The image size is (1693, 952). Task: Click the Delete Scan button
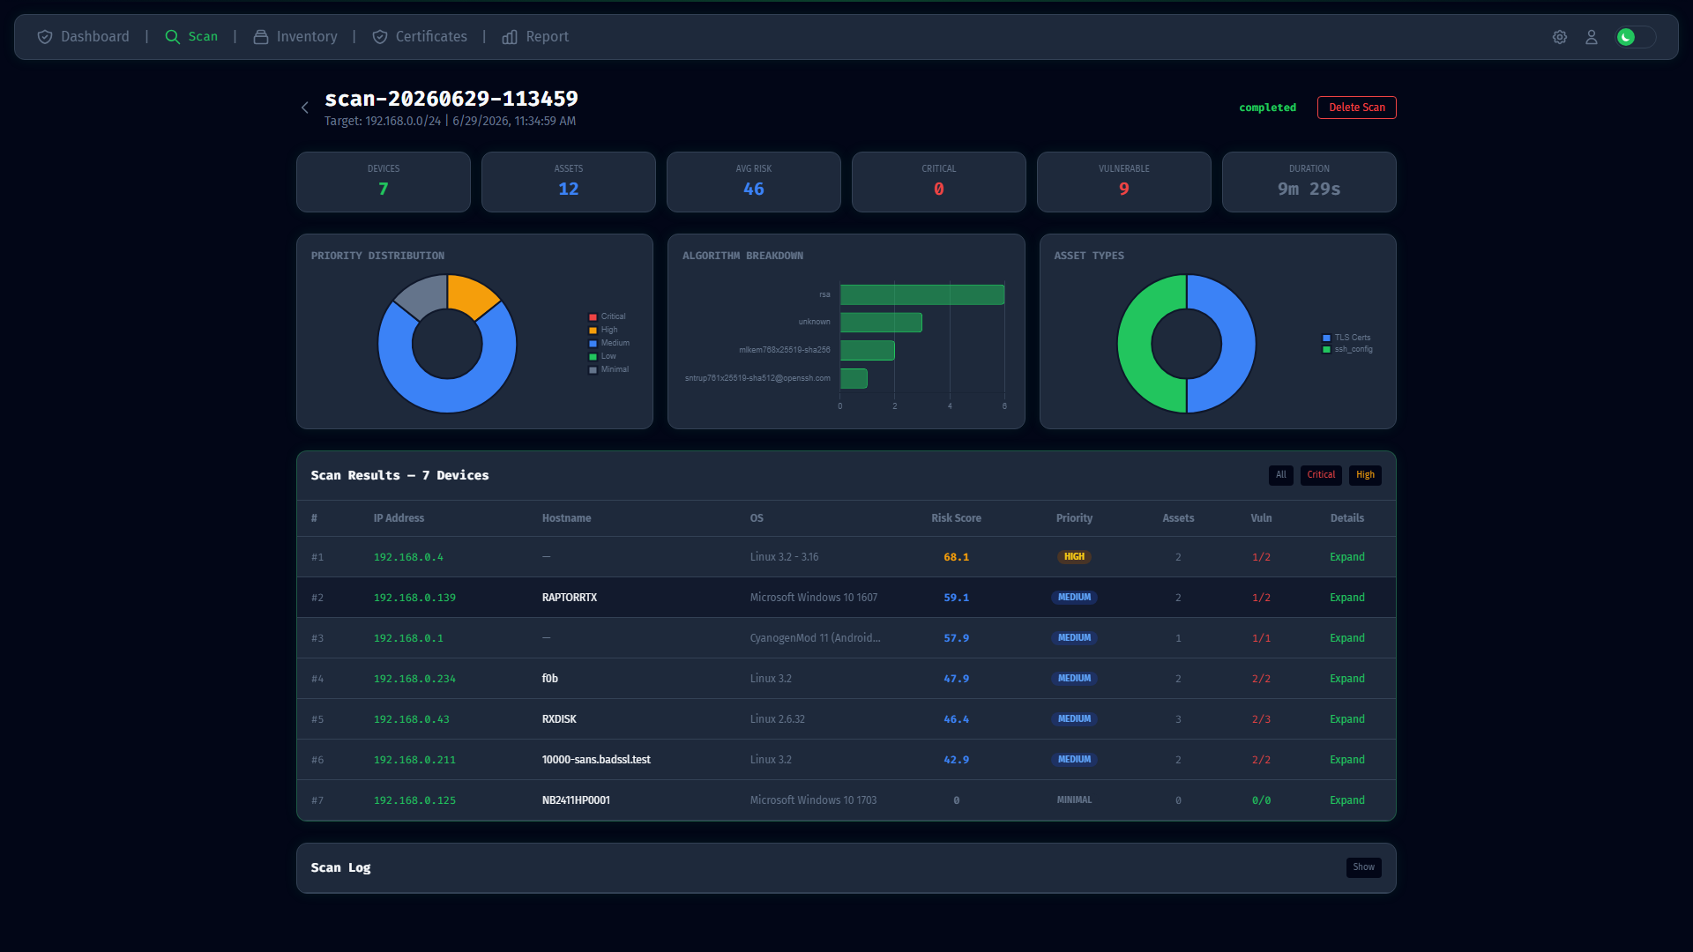[x=1356, y=108]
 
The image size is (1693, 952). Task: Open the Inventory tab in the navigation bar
[x=295, y=37]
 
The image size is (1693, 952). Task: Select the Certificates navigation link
[x=420, y=37]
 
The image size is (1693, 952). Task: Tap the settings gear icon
[x=1560, y=37]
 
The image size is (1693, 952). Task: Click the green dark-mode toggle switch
[x=1636, y=37]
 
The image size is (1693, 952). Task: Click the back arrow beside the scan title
[x=305, y=108]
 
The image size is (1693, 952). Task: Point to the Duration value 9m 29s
[x=1309, y=189]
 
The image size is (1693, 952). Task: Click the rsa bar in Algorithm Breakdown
[x=922, y=294]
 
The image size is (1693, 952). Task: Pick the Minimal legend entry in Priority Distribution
[x=608, y=369]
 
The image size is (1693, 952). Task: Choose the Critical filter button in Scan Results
[x=1321, y=475]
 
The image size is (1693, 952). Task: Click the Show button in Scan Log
[x=1363, y=867]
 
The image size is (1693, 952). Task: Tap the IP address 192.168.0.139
[x=414, y=598]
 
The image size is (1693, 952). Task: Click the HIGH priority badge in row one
[x=1074, y=557]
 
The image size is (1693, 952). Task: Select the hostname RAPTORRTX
[x=570, y=598]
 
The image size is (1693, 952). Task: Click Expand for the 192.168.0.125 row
[x=1346, y=800]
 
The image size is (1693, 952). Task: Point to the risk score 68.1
[x=956, y=557]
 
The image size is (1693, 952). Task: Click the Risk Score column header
[x=956, y=518]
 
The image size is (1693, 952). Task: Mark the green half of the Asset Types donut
[x=1135, y=344]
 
